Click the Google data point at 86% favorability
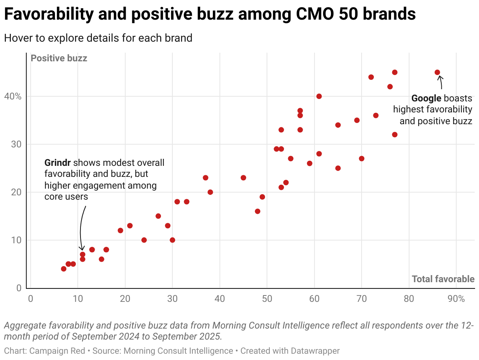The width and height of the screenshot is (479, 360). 437,72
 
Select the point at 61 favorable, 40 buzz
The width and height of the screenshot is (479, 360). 319,96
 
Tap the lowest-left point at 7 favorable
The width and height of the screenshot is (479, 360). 64,269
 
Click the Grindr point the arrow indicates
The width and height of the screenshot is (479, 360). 82,254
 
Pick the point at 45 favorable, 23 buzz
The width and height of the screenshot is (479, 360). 243,178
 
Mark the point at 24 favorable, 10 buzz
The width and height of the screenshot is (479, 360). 144,240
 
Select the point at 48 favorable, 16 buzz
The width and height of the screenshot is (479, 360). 258,211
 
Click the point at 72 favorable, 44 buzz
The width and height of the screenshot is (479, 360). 371,77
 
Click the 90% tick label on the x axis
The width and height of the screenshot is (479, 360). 456,299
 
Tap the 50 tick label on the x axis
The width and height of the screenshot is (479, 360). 267,299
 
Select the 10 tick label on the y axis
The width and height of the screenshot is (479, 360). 16,240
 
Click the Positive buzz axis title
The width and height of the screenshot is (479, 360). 59,58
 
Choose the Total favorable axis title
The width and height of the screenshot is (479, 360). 443,279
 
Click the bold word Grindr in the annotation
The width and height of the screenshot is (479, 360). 58,163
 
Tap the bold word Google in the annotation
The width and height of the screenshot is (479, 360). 426,98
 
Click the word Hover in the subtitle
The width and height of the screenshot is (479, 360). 17,38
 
